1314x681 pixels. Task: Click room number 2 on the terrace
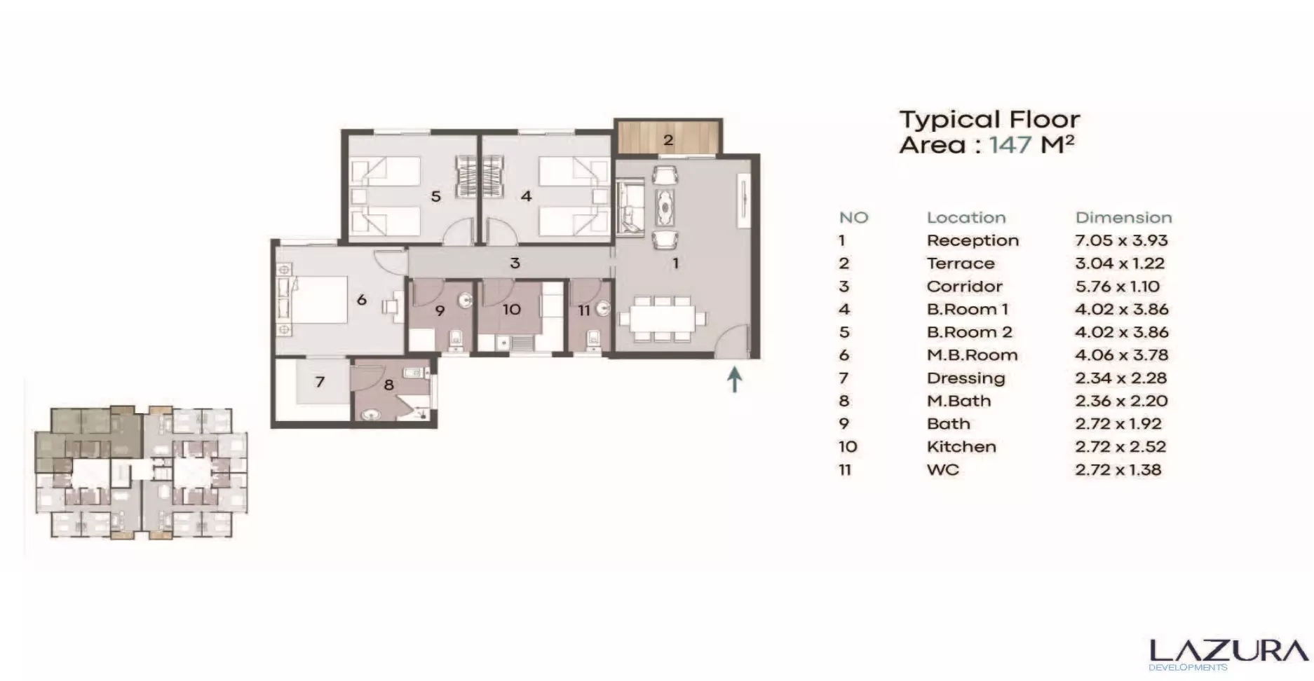[668, 140]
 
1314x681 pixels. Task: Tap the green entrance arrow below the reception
[734, 380]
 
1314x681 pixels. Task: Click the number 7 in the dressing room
[320, 382]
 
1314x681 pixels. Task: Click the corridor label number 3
[515, 263]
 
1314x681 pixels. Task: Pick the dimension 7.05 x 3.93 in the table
[1121, 240]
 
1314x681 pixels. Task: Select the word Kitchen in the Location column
[961, 447]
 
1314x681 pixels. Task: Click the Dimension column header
[1123, 218]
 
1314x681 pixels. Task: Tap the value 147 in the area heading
[1010, 145]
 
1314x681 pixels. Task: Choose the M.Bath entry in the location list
[959, 401]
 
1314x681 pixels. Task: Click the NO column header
[853, 218]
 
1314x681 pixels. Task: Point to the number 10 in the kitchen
[511, 310]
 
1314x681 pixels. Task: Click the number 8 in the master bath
[388, 385]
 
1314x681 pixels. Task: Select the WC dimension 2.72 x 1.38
[1118, 469]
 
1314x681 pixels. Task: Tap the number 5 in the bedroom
[435, 197]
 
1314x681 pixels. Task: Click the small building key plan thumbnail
[140, 472]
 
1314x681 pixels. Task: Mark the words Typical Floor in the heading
[989, 120]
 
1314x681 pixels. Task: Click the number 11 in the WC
[583, 310]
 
